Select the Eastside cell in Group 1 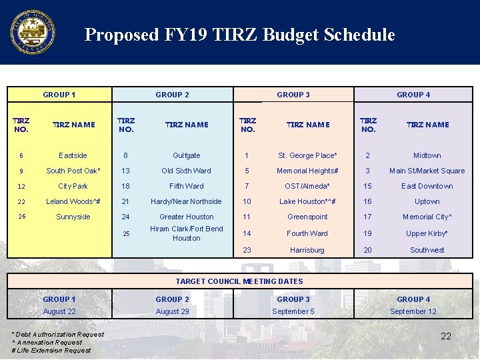coord(73,155)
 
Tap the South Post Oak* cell coord(73,171)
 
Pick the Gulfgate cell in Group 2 coord(186,155)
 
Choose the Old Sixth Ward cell coord(186,171)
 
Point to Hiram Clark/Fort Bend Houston coord(186,233)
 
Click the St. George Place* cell coord(307,155)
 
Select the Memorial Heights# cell coord(307,171)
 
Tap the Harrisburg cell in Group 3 coord(307,250)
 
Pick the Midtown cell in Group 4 coord(427,155)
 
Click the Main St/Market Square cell coord(427,171)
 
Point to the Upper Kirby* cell coord(427,233)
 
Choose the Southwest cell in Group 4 coord(427,250)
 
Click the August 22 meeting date coord(59,311)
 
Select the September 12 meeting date coord(413,311)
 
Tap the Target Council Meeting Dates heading coord(239,281)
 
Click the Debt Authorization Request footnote coord(57,334)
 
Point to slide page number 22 coord(446,336)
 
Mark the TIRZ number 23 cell coord(247,250)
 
